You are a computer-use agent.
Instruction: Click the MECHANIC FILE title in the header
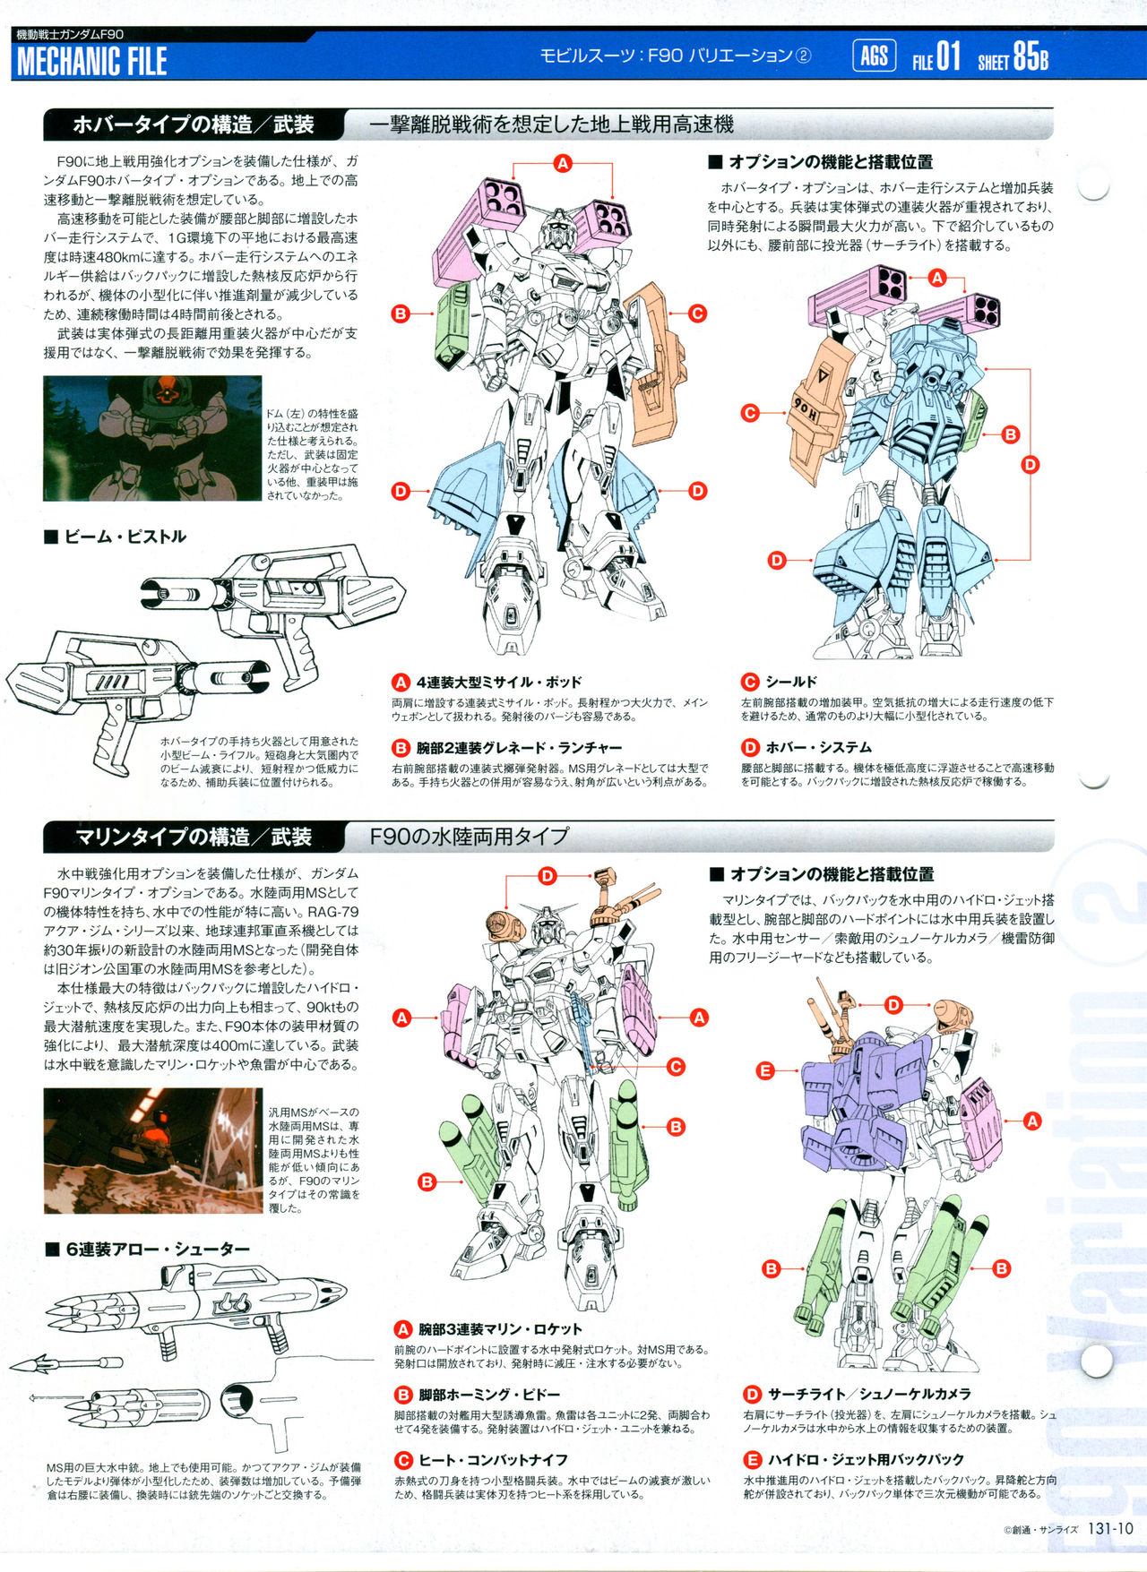91,61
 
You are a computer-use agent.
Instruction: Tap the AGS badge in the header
874,56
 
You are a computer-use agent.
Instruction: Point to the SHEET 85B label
1013,57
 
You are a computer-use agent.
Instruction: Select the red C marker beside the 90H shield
750,413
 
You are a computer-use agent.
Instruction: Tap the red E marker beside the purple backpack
765,1070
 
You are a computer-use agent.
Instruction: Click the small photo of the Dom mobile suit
152,438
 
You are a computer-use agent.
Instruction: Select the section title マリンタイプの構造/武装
193,837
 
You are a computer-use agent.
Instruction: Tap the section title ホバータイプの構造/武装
194,125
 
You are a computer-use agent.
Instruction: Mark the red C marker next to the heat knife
676,1066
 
